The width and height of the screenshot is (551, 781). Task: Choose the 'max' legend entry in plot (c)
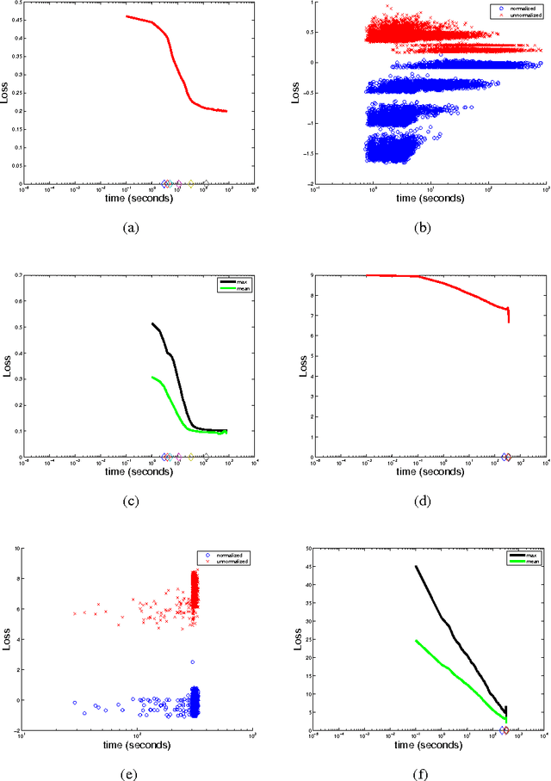coord(235,281)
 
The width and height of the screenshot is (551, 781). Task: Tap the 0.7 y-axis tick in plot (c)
coord(14,275)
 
